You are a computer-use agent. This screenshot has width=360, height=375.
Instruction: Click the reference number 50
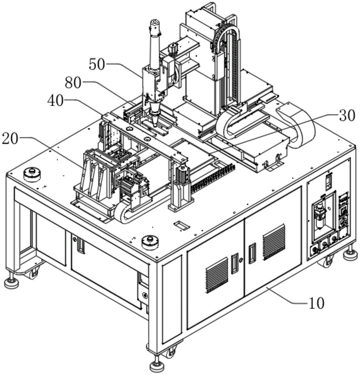(97, 64)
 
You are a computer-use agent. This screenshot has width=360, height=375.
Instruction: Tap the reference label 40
(56, 100)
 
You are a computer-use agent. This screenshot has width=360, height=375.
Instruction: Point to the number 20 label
(10, 139)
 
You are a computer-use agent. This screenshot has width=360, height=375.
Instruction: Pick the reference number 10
(316, 303)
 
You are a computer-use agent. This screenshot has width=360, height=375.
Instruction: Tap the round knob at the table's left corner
(32, 175)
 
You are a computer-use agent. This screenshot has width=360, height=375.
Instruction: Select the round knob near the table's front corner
(150, 242)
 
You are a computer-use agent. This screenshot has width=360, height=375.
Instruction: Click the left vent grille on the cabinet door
(217, 276)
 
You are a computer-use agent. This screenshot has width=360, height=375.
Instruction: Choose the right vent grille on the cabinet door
(274, 242)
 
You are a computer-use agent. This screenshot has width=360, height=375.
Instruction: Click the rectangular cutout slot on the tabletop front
(181, 225)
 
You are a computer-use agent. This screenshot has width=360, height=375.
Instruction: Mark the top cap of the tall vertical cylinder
(155, 24)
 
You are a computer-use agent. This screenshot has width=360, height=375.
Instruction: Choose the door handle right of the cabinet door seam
(252, 253)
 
